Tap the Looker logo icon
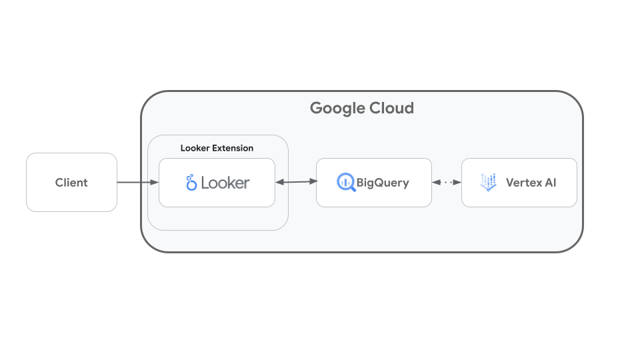(x=191, y=182)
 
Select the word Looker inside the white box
(x=225, y=182)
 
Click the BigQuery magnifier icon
(x=346, y=181)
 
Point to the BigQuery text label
(x=383, y=182)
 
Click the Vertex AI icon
(x=489, y=182)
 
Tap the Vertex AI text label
(x=531, y=182)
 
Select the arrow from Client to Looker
(x=137, y=182)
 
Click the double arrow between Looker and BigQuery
(x=295, y=181)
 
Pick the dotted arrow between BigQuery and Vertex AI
(x=447, y=182)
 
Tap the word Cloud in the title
(x=392, y=108)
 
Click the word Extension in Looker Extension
(x=233, y=148)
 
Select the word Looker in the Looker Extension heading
(x=195, y=148)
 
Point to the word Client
(x=71, y=183)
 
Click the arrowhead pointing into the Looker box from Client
(x=155, y=182)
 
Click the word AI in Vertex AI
(x=550, y=182)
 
